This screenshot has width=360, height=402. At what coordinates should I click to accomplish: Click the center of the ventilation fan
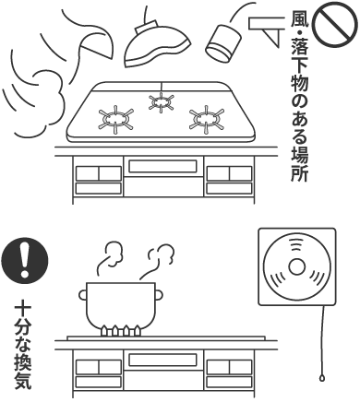296,268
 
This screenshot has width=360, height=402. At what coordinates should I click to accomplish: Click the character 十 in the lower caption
20,305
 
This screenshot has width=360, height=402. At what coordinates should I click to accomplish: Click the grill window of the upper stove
159,167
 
